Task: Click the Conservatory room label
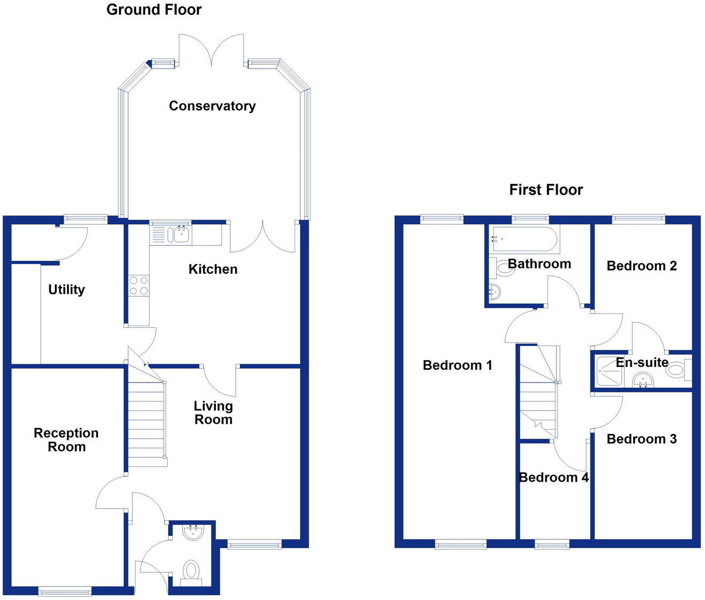click(x=212, y=106)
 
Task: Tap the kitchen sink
click(x=178, y=234)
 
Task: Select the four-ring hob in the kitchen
click(x=139, y=285)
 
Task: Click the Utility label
click(x=66, y=290)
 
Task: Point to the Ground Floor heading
click(x=154, y=10)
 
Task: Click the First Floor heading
click(x=545, y=190)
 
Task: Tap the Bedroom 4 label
click(x=553, y=477)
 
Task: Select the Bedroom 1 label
click(x=457, y=365)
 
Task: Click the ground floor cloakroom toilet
click(x=191, y=570)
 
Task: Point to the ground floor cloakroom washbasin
click(x=192, y=532)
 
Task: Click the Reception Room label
click(x=66, y=440)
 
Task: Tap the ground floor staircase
click(x=146, y=418)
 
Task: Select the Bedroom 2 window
click(x=639, y=218)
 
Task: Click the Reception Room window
click(x=65, y=591)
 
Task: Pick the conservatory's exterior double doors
click(x=212, y=51)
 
